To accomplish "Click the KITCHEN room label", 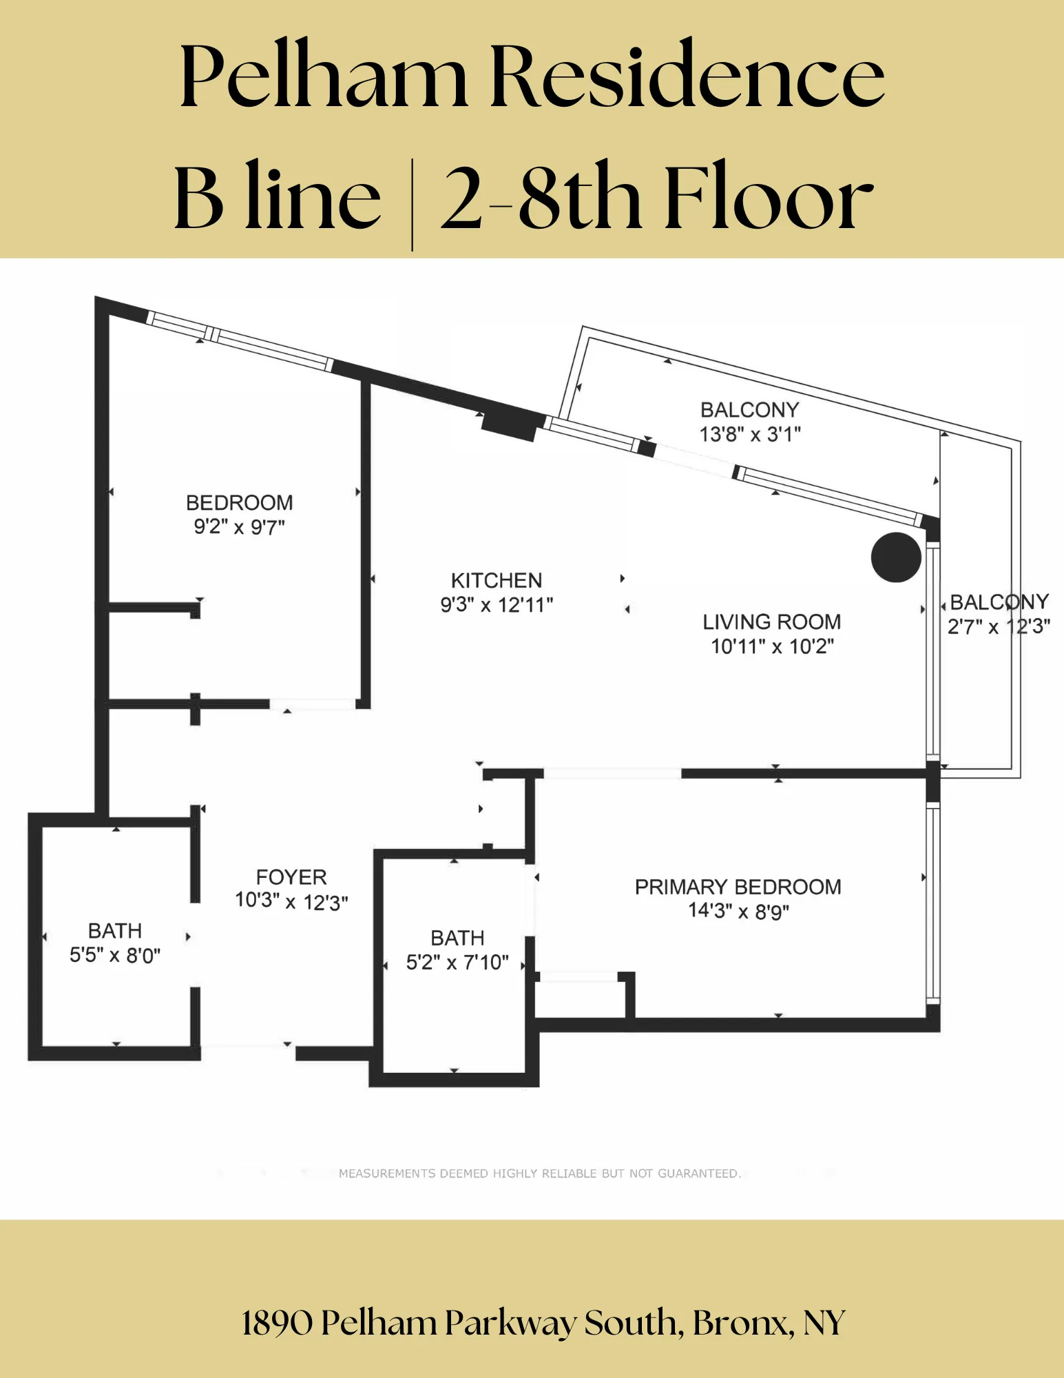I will point(497,580).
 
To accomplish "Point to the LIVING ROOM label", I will point(771,622).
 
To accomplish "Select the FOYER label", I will point(291,877).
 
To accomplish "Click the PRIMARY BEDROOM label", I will point(738,887).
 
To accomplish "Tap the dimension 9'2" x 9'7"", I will point(239,527).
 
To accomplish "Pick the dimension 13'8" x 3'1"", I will point(750,435).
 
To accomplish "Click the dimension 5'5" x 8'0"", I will point(115,956).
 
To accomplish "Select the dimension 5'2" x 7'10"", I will point(457,963).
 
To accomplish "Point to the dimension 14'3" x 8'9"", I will point(738,912).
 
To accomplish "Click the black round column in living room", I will point(895,557).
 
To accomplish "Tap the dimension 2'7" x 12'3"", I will point(999,627).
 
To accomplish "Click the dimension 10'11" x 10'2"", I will point(772,647).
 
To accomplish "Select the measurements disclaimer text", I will point(539,1173).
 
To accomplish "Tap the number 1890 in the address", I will point(277,1324).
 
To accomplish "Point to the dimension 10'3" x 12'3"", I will point(291,902).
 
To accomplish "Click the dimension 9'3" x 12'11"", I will point(497,606).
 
